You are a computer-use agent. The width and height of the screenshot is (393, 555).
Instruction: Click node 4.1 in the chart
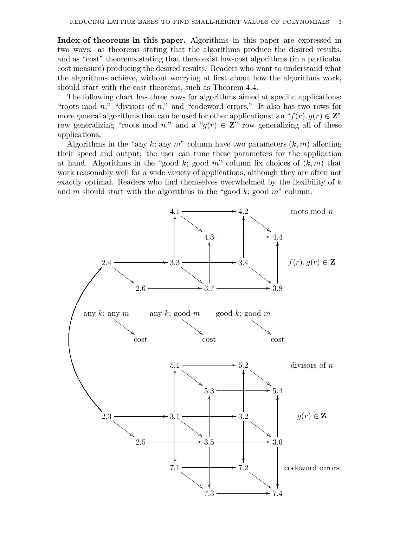(x=175, y=211)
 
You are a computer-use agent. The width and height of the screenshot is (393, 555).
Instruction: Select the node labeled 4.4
(x=277, y=237)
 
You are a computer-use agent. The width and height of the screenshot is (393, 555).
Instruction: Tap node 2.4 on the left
(x=106, y=263)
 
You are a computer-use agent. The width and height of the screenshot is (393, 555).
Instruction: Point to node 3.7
(x=209, y=288)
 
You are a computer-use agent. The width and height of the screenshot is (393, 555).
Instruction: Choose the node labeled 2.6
(x=140, y=288)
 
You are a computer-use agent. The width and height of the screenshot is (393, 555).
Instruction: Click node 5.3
(x=209, y=391)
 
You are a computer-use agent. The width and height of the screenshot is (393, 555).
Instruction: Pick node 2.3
(x=106, y=416)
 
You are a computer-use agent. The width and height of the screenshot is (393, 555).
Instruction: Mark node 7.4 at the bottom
(x=277, y=493)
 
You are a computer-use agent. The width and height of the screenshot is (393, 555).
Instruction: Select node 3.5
(x=209, y=442)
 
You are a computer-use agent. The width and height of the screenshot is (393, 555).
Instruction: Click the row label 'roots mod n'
(x=312, y=212)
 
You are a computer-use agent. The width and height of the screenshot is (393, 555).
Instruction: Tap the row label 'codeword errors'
(x=312, y=468)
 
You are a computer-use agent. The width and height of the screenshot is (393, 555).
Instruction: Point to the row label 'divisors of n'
(x=312, y=365)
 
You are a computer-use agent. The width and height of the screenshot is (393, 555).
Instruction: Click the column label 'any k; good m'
(x=175, y=314)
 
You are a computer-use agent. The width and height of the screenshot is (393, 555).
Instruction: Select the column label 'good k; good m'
(x=243, y=314)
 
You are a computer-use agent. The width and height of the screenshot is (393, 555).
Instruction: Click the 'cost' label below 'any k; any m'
(x=140, y=340)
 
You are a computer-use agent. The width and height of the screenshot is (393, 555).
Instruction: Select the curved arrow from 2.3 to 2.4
(x=69, y=339)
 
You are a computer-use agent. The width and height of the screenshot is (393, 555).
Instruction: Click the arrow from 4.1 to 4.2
(x=209, y=211)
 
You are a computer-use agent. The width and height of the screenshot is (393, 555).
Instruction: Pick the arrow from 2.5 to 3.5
(x=174, y=442)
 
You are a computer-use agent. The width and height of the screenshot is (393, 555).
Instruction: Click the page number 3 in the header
(x=340, y=22)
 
